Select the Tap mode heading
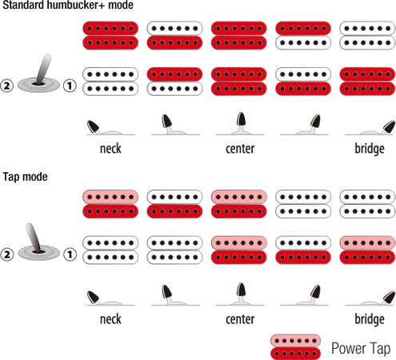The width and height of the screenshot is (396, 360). click(x=26, y=177)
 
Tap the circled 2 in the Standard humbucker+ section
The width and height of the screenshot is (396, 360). click(x=6, y=86)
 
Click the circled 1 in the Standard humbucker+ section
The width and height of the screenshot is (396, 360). click(x=70, y=86)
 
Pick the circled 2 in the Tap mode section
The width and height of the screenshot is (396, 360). click(x=6, y=254)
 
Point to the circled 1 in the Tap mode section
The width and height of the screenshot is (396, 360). click(x=70, y=254)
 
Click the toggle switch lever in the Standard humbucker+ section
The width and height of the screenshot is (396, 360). click(x=43, y=69)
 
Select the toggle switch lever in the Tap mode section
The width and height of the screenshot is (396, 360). click(x=34, y=238)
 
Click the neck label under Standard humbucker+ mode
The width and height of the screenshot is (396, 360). click(x=110, y=149)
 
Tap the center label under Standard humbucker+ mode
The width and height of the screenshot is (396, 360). click(x=240, y=149)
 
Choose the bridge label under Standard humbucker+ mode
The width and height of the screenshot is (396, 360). click(x=370, y=149)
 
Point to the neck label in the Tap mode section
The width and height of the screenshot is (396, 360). click(x=110, y=319)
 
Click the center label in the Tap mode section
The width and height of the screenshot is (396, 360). click(x=240, y=319)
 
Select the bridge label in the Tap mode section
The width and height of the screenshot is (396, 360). click(x=370, y=320)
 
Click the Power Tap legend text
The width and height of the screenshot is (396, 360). click(x=361, y=349)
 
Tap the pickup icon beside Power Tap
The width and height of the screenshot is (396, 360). click(x=295, y=347)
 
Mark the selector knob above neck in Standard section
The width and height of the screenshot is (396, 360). click(x=94, y=126)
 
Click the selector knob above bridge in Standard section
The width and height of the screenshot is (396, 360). click(x=389, y=126)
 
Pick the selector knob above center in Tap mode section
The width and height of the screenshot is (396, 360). click(x=241, y=290)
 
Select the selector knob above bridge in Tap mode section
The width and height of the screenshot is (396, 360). click(x=389, y=298)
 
